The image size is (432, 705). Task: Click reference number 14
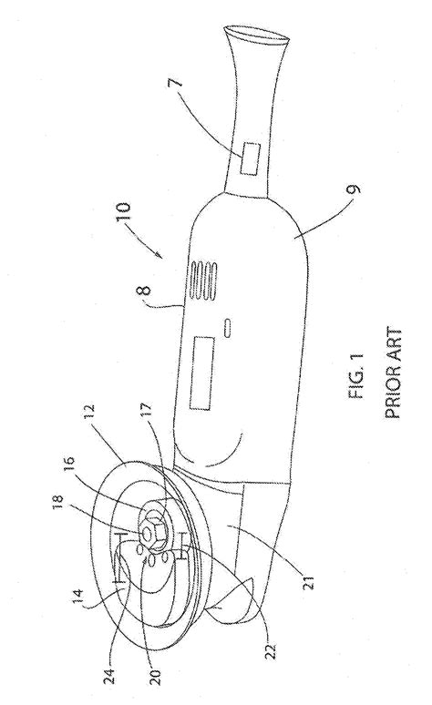pos(78,598)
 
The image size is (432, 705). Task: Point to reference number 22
pos(271,649)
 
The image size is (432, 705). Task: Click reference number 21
pos(312,580)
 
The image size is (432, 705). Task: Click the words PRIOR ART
pos(393,373)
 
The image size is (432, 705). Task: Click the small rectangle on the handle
pos(250,159)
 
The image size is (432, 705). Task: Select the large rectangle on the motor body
pos(201,373)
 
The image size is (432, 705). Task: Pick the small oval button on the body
pos(228,327)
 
